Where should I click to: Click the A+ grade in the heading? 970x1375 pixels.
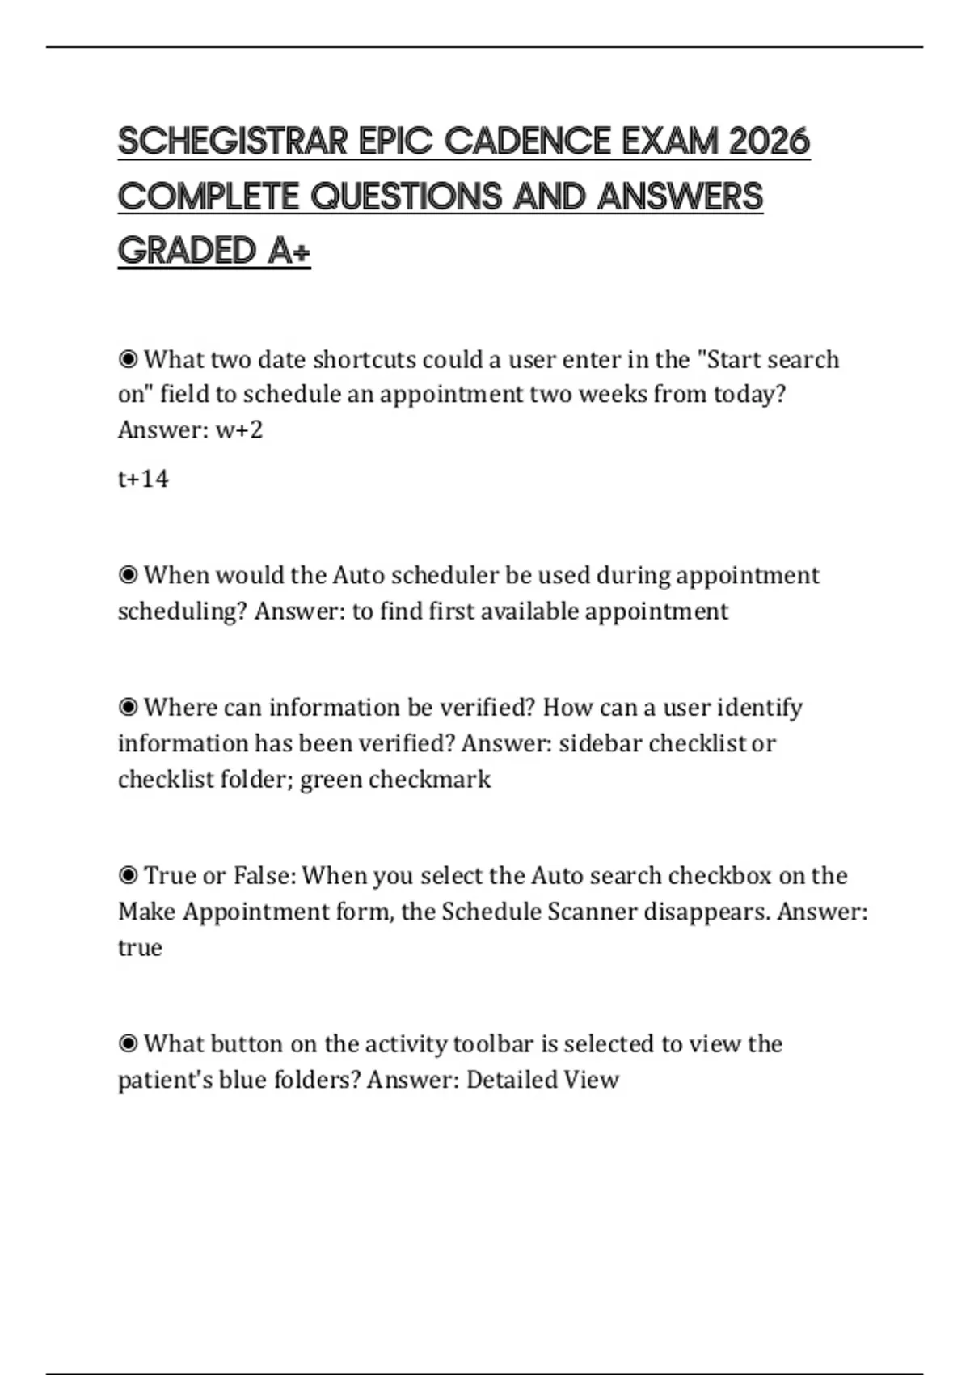pyautogui.click(x=289, y=251)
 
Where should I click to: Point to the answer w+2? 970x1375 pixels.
pyautogui.click(x=239, y=429)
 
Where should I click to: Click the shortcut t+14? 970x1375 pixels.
pyautogui.click(x=143, y=479)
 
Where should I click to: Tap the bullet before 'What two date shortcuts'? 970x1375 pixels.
pyautogui.click(x=128, y=358)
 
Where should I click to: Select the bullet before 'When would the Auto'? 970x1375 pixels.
pyautogui.click(x=128, y=575)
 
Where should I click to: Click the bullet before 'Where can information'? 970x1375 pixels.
pyautogui.click(x=128, y=708)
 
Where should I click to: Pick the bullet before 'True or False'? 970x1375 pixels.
pyautogui.click(x=128, y=876)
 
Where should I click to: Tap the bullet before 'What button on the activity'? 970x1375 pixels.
pyautogui.click(x=128, y=1044)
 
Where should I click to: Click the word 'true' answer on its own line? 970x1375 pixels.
pyautogui.click(x=140, y=947)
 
